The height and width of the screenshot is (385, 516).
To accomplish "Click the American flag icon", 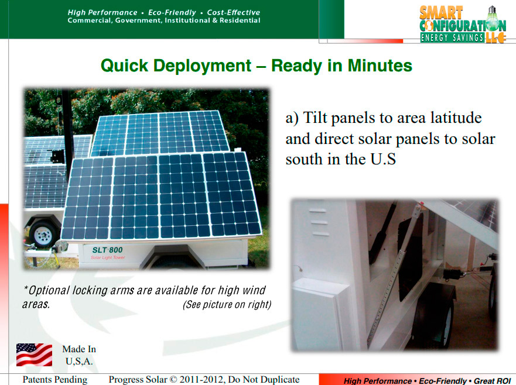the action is [x=34, y=355].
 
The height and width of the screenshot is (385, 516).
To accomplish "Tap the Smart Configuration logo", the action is [x=463, y=25].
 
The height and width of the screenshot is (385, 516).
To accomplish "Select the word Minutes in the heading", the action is [x=380, y=66].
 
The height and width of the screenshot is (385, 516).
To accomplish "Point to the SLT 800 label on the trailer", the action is [x=107, y=250].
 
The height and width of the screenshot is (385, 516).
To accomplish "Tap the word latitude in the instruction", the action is [x=456, y=118].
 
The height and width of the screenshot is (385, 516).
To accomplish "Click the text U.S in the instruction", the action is [x=383, y=159].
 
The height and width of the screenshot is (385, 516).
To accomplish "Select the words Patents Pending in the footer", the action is [x=55, y=379].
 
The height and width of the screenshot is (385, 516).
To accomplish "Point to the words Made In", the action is [x=79, y=349].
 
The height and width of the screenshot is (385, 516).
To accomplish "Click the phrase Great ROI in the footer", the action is [x=493, y=381].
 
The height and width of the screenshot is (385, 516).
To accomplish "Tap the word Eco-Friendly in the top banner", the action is [x=172, y=12].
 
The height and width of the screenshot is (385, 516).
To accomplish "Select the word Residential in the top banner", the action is [x=240, y=20].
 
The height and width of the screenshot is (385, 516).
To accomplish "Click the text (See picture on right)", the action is [x=227, y=304].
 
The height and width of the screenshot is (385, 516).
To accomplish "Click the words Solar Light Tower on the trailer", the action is [x=108, y=257].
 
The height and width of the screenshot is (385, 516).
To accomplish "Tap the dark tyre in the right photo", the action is [x=435, y=322].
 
